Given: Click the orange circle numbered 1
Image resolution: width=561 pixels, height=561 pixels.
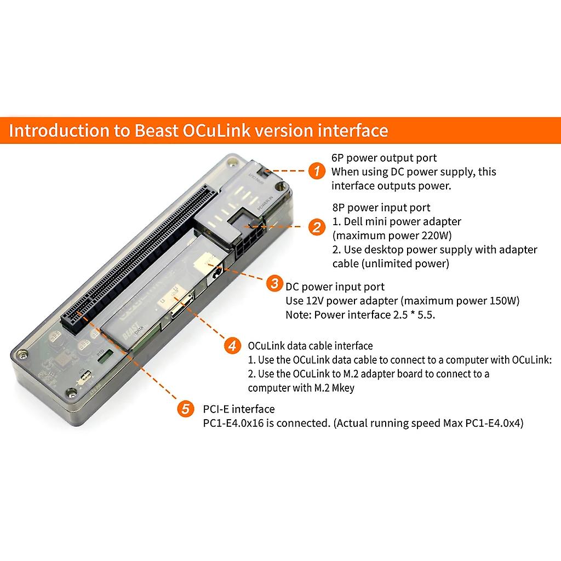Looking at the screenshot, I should [x=316, y=171].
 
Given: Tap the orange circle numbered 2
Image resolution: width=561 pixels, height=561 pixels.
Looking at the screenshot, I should [x=316, y=226].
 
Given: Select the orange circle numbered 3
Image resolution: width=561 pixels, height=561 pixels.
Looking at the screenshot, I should [x=273, y=284].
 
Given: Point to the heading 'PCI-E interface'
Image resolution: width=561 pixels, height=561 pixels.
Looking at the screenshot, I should [x=238, y=409].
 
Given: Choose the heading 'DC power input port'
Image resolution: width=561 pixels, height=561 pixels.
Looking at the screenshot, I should [x=335, y=287].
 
